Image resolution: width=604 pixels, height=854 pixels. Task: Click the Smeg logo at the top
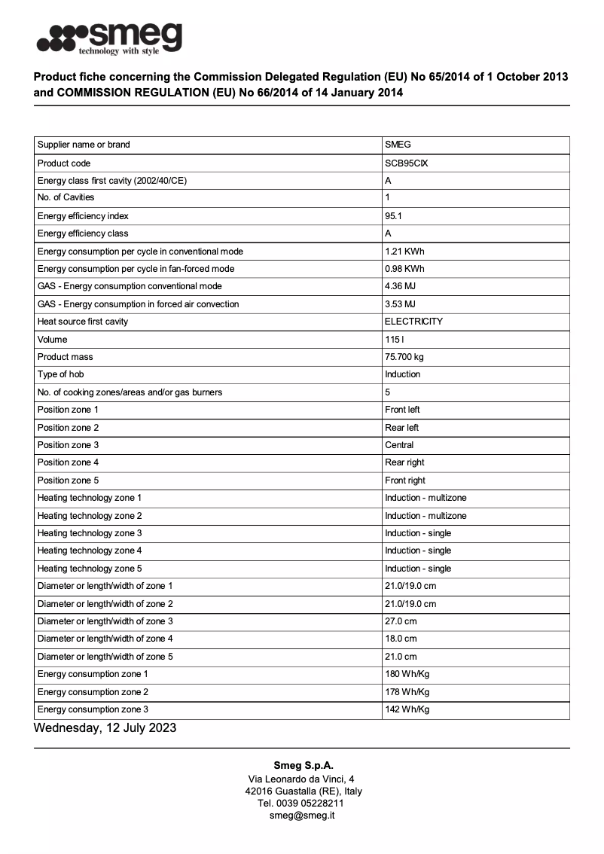110,38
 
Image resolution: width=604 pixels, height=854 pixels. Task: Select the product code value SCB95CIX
407,163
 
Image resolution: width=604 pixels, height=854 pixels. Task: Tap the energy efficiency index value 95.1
394,215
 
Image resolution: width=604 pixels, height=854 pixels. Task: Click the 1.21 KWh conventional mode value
404,251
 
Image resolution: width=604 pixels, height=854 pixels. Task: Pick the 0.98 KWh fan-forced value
404,269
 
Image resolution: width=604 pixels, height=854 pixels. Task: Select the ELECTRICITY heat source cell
413,322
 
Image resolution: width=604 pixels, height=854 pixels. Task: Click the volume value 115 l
395,340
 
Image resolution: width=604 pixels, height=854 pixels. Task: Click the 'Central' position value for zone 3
399,445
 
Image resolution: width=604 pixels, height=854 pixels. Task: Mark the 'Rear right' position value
404,462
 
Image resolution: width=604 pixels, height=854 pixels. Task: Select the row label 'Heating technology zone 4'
90,551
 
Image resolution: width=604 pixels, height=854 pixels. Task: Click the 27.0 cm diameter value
401,621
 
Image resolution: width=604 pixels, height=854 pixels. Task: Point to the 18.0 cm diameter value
401,639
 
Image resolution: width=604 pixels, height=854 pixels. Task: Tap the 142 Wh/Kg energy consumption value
407,709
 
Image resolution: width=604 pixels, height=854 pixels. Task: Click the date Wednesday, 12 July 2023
105,727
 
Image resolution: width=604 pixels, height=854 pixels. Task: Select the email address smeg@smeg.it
302,816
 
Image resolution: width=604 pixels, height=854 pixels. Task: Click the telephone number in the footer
302,804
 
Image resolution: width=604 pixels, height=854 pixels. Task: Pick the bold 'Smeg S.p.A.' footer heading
302,765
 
